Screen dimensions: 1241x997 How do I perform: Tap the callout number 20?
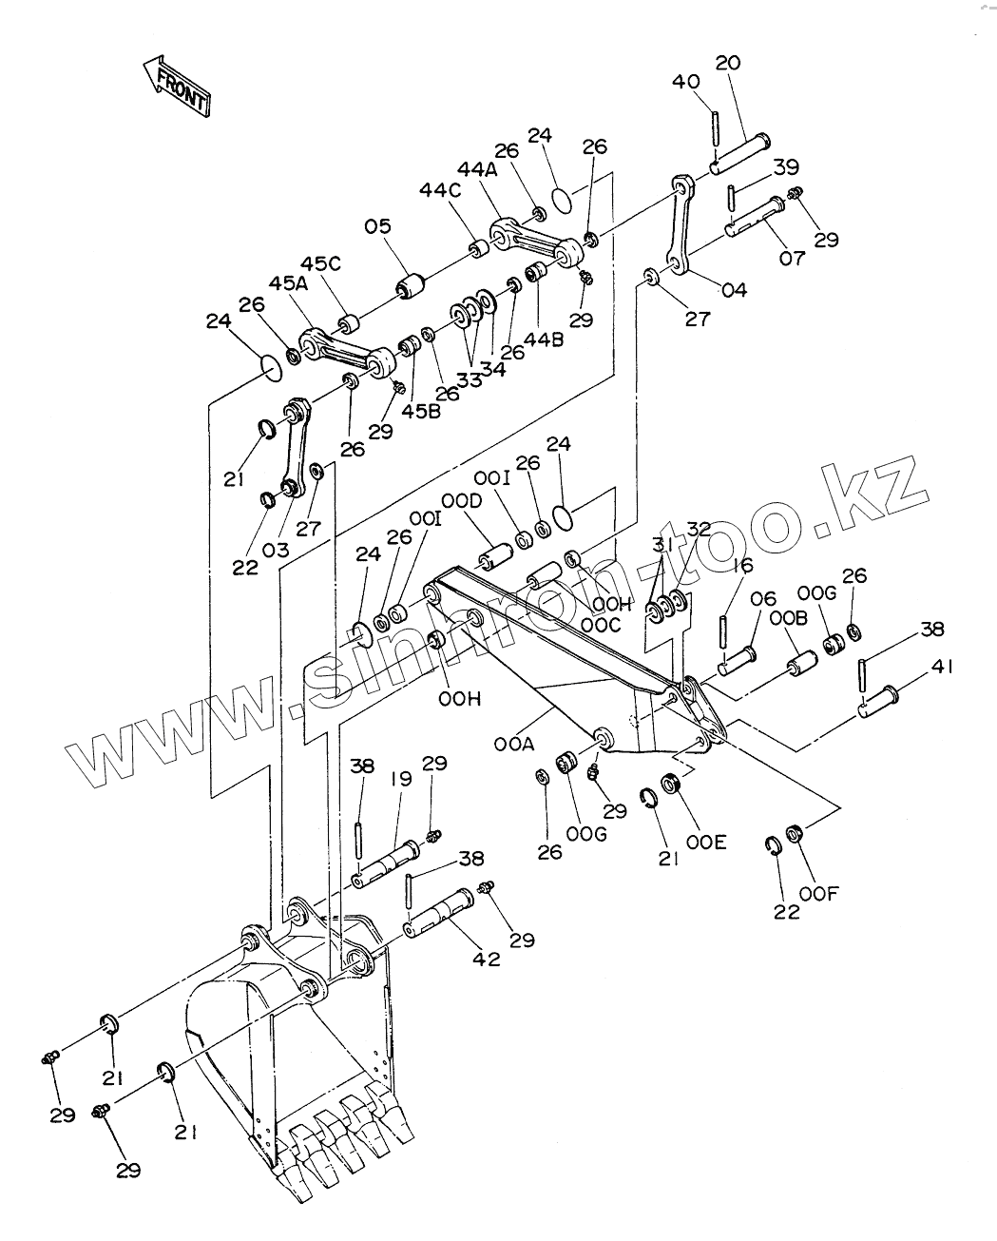727,64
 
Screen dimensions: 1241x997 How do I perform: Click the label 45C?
321,263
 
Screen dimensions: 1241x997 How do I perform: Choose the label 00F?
819,893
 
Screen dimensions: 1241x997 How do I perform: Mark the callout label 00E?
708,842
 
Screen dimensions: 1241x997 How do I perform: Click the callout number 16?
742,566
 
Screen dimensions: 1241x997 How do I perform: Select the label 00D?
462,500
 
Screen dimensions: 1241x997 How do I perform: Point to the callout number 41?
941,668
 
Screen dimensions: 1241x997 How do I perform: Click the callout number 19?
400,779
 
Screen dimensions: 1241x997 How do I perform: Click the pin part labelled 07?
756,216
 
